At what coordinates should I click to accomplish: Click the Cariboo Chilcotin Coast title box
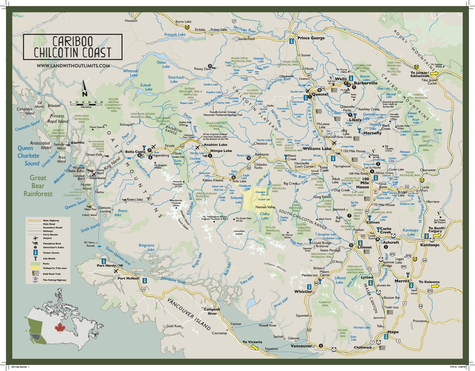[x=73, y=47]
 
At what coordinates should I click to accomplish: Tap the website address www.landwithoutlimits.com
[x=73, y=65]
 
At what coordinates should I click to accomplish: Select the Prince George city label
[x=311, y=38]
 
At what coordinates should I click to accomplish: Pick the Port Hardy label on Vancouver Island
[x=106, y=265]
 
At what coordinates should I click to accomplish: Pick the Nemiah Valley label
[x=265, y=207]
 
